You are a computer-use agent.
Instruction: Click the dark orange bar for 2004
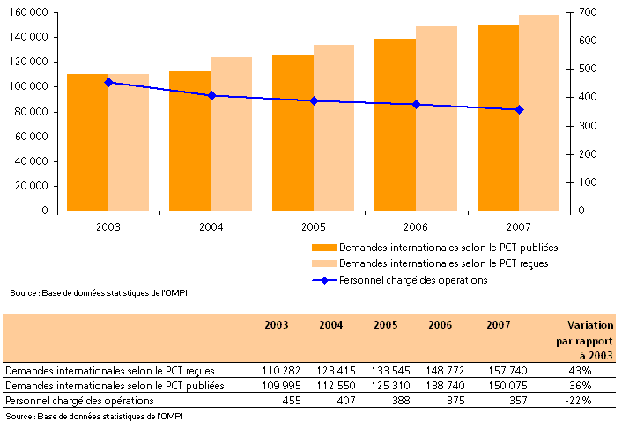coord(189,141)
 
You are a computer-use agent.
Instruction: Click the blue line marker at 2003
coord(108,82)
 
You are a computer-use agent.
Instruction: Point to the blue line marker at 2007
coord(519,109)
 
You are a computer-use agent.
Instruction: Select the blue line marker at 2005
coord(314,100)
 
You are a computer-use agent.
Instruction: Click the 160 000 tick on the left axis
coord(29,12)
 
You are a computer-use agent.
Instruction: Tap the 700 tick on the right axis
coord(589,12)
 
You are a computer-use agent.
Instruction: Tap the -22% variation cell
coord(578,401)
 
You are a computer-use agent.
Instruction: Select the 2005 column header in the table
coord(385,324)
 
